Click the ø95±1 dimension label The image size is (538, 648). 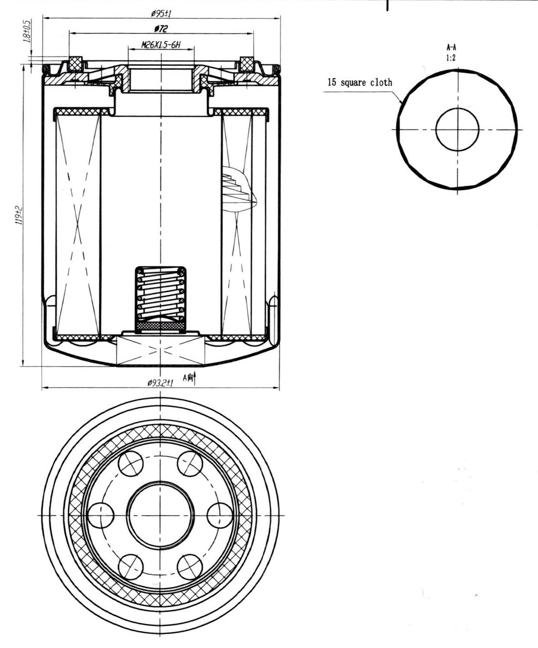(x=161, y=13)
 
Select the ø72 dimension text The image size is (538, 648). (x=161, y=29)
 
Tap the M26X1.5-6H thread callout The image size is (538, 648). (x=161, y=45)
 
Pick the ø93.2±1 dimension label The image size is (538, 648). (x=160, y=382)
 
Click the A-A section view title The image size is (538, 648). (x=451, y=47)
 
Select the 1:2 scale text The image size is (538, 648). (x=451, y=58)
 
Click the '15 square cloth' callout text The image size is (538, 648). (x=360, y=83)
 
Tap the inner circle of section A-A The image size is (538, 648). (x=436, y=130)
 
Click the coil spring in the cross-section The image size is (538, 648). (x=161, y=294)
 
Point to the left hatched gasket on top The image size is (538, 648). (x=76, y=64)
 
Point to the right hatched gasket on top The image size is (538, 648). (x=247, y=64)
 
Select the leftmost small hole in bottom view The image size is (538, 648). (x=100, y=515)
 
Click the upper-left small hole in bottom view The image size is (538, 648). (x=131, y=464)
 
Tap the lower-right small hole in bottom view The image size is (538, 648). (x=190, y=567)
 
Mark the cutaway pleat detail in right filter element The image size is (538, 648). (x=239, y=189)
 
